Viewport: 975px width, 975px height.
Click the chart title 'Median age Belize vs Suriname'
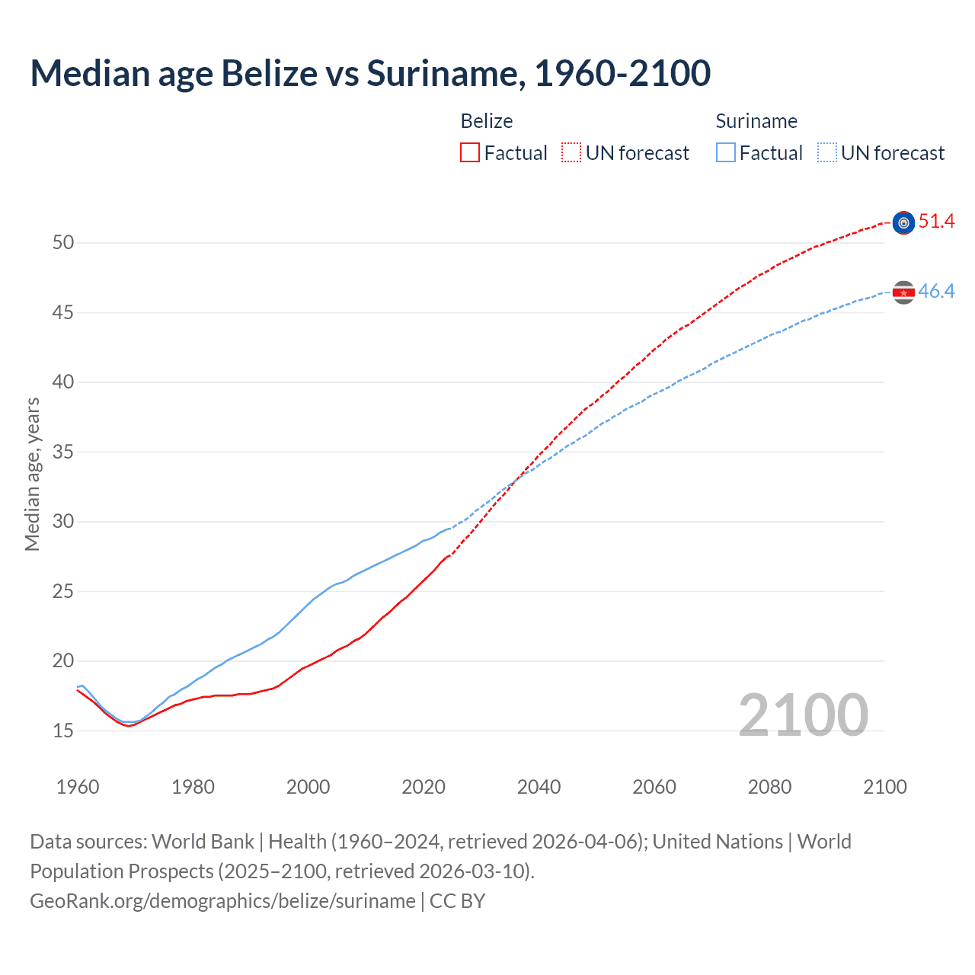370,73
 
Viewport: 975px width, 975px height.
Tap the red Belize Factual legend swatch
470,152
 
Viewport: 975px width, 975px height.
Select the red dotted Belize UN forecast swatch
571,152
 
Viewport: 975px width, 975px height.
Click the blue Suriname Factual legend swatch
726,152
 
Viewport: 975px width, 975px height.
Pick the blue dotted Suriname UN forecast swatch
827,152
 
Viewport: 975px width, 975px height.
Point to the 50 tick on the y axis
63,243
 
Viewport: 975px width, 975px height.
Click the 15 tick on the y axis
63,730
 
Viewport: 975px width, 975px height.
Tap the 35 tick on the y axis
63,452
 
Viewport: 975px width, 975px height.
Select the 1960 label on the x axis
78,787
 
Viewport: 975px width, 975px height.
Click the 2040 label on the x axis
539,787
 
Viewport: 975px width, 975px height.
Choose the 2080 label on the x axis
769,787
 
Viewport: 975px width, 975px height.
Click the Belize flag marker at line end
903,222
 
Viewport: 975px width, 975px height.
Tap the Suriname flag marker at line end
903,292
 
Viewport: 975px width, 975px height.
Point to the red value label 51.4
936,222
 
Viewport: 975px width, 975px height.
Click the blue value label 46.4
936,292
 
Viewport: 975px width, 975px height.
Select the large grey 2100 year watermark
803,714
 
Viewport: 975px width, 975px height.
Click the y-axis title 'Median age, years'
32,474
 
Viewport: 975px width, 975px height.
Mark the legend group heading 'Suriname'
756,121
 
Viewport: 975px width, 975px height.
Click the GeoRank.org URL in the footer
222,900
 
